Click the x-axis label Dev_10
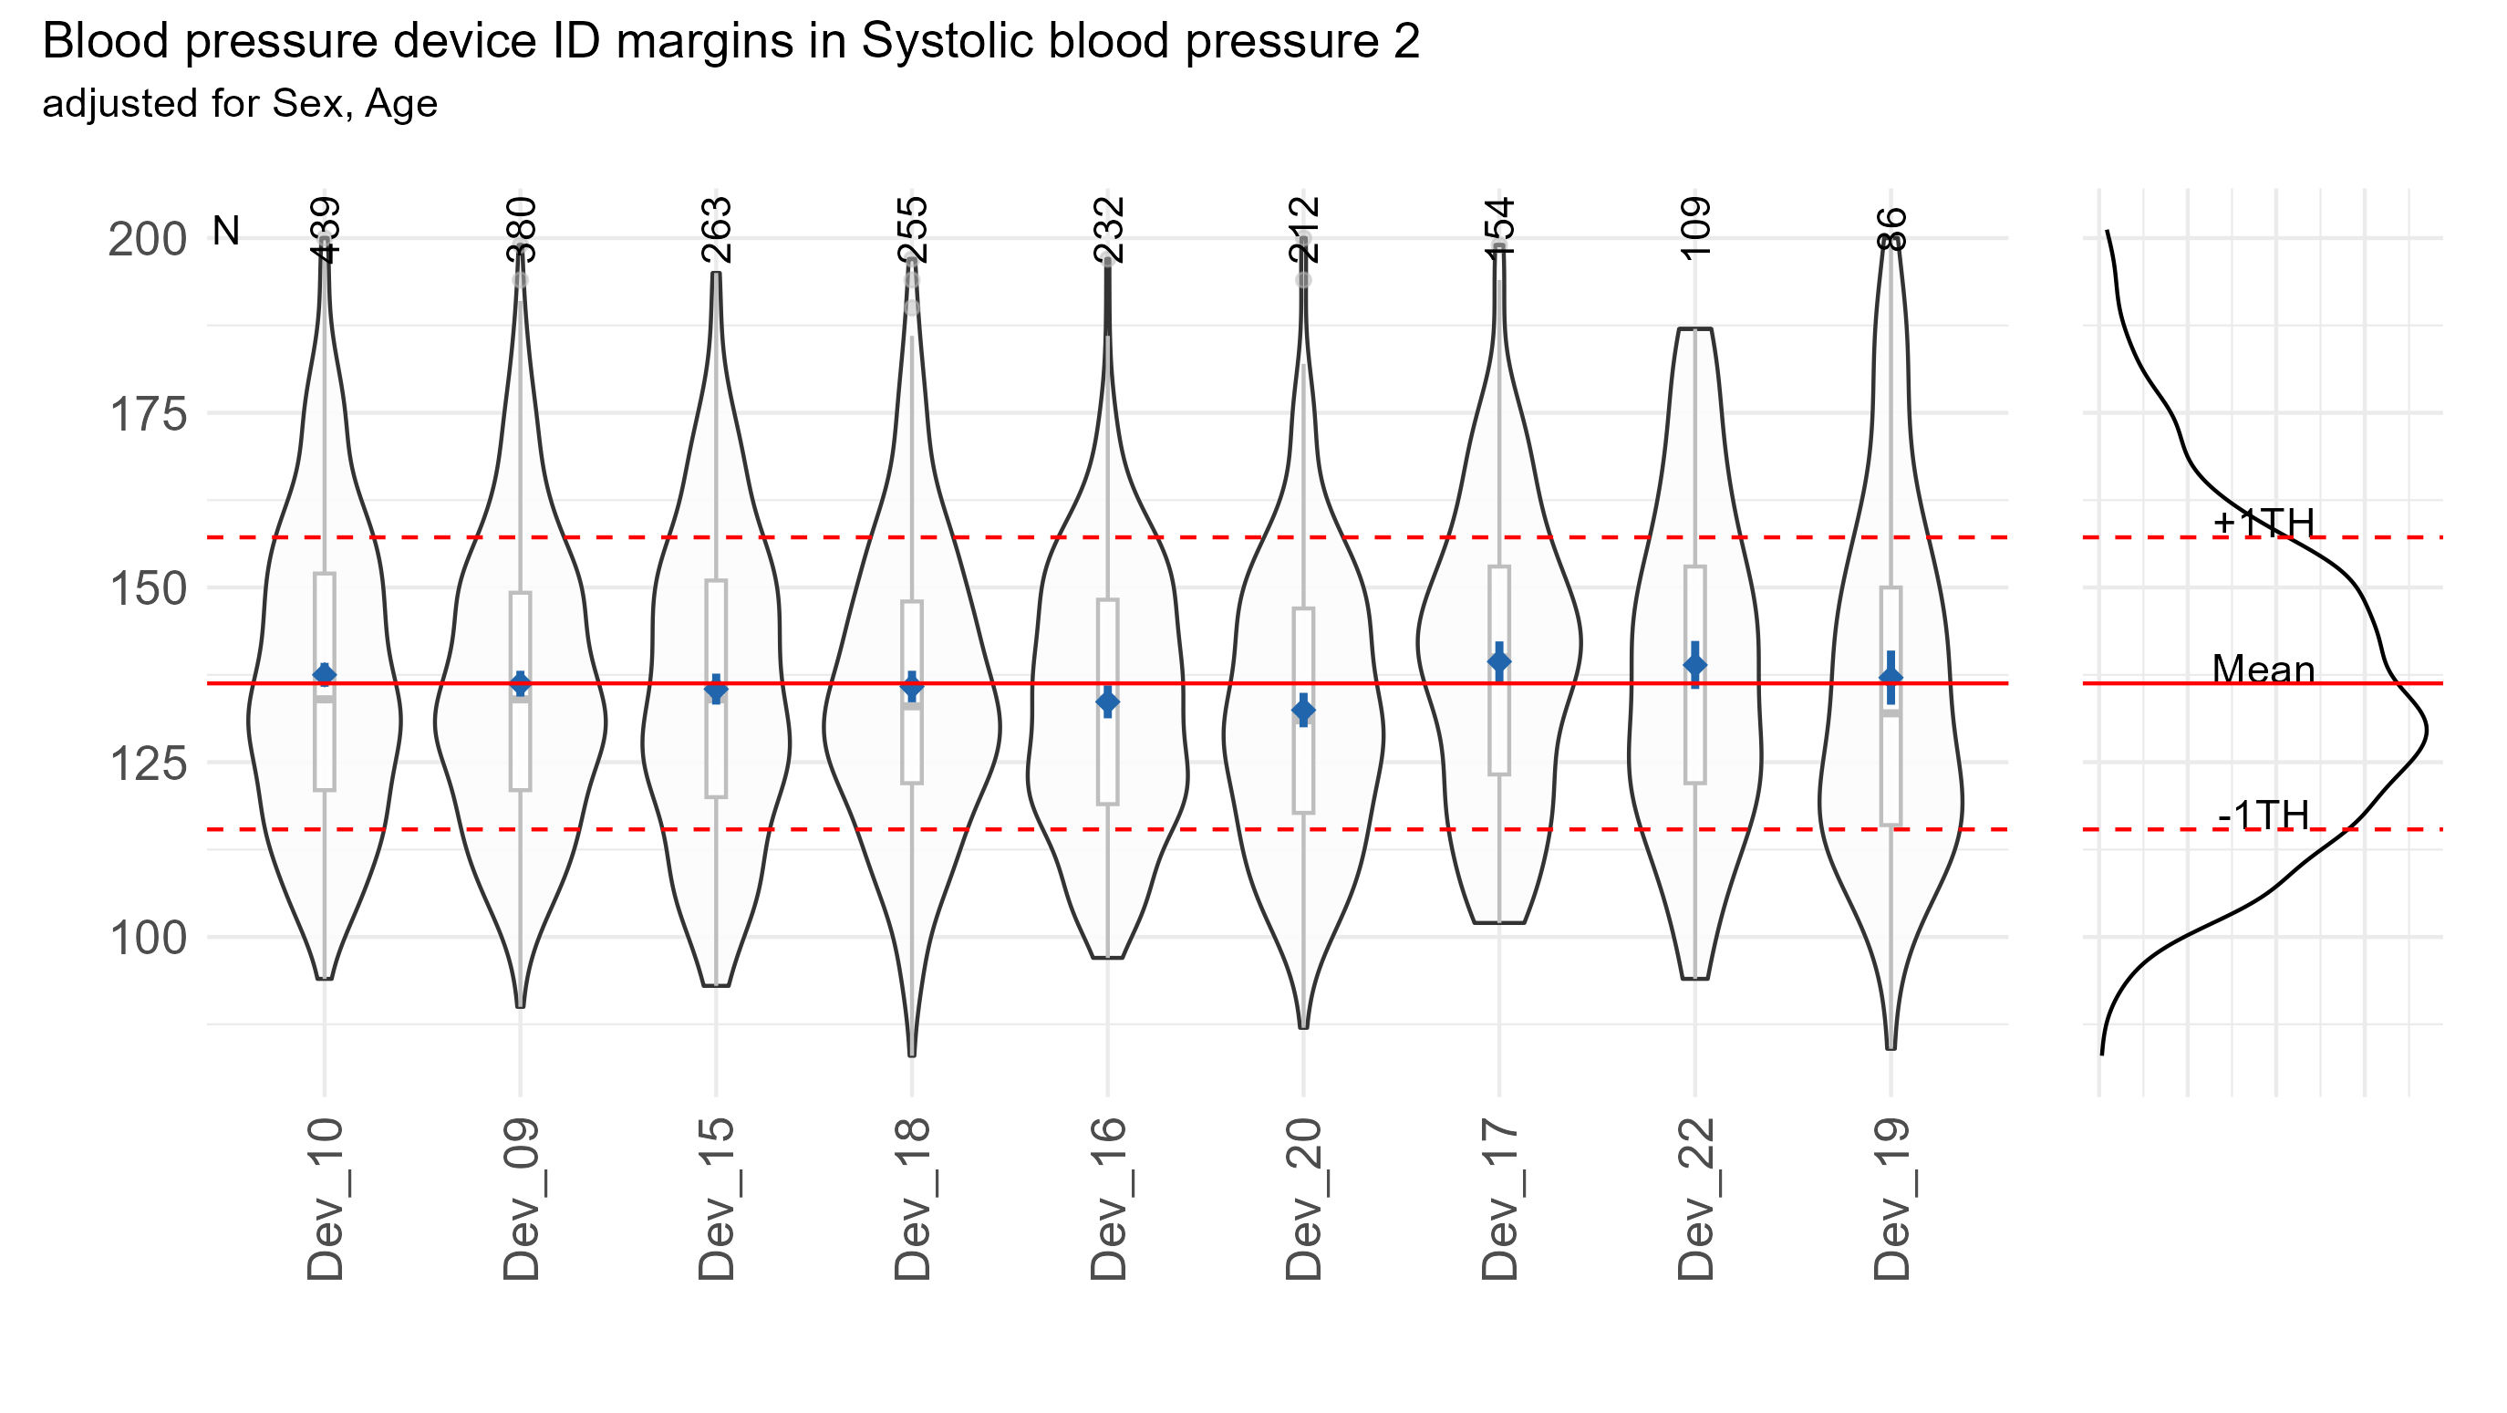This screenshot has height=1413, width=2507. (x=325, y=1199)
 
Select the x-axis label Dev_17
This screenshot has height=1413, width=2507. (x=1499, y=1199)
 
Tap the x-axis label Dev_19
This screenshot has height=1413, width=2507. (x=1891, y=1199)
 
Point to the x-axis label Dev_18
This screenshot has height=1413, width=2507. (x=912, y=1199)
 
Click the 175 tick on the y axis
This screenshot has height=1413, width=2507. (x=148, y=414)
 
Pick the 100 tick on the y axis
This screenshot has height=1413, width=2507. (x=148, y=938)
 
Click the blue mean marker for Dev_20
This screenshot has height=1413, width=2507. (x=1304, y=711)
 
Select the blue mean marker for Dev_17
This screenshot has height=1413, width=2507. (x=1499, y=661)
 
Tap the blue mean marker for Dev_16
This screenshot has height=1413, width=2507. (x=1107, y=701)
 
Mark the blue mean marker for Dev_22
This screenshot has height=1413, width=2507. (x=1695, y=666)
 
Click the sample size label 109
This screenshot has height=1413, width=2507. (x=1695, y=228)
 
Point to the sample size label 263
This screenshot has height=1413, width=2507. (x=716, y=230)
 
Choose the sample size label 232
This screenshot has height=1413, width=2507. (x=1108, y=230)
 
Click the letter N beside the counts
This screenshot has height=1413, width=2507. (x=226, y=232)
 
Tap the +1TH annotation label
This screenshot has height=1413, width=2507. (x=2264, y=523)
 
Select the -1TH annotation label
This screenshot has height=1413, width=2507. (x=2264, y=816)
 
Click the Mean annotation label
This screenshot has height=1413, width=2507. (x=2264, y=670)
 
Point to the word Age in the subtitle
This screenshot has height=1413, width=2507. (x=401, y=104)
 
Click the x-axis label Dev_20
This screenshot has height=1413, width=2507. (x=1304, y=1199)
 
